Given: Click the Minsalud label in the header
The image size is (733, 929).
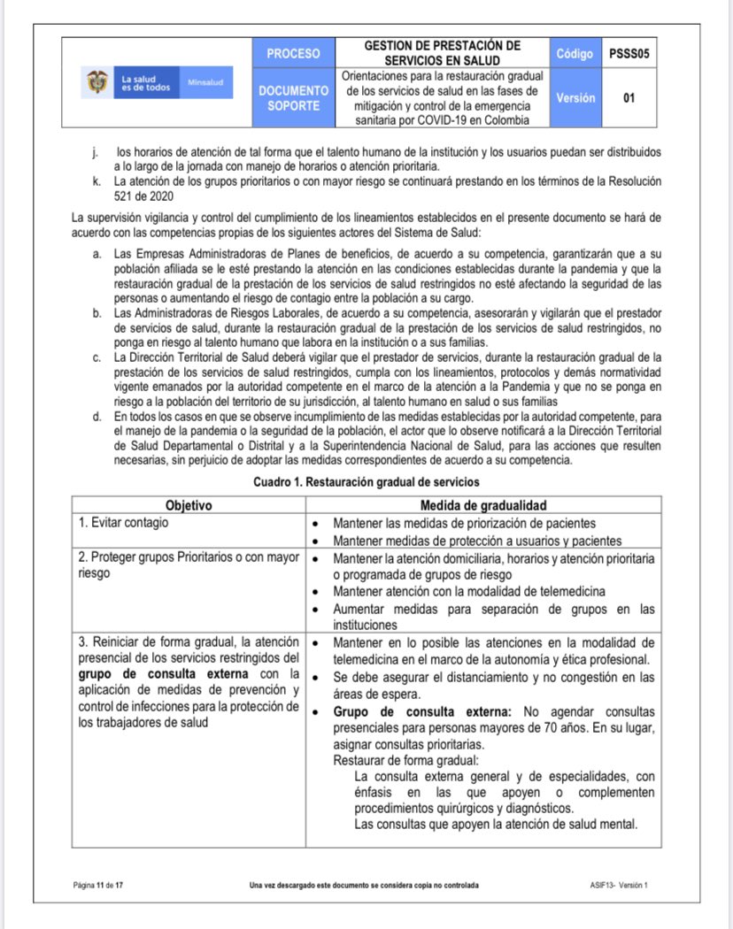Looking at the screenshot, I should coord(205,82).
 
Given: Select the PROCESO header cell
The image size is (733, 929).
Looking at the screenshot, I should coord(293,53).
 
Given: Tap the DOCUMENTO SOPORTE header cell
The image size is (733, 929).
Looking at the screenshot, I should coord(293,98).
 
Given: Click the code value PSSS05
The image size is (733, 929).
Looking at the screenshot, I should coord(629,53).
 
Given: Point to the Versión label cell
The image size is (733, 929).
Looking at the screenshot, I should coord(575,98).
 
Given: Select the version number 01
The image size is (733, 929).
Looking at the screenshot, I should coord(629,98).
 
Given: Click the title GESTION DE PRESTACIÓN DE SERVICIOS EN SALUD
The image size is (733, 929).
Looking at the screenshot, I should coord(442,52).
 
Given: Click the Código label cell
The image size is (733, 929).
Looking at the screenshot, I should coord(575,53).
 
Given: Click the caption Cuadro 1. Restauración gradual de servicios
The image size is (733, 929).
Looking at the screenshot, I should coord(366,482).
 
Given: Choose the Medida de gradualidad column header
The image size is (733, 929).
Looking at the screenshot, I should coord(482,505).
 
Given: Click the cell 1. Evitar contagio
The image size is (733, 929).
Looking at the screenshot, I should coord(124,522).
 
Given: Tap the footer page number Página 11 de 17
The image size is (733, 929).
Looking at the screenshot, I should coord(97,885).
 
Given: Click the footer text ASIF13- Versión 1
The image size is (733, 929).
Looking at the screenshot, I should coord(618,885).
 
